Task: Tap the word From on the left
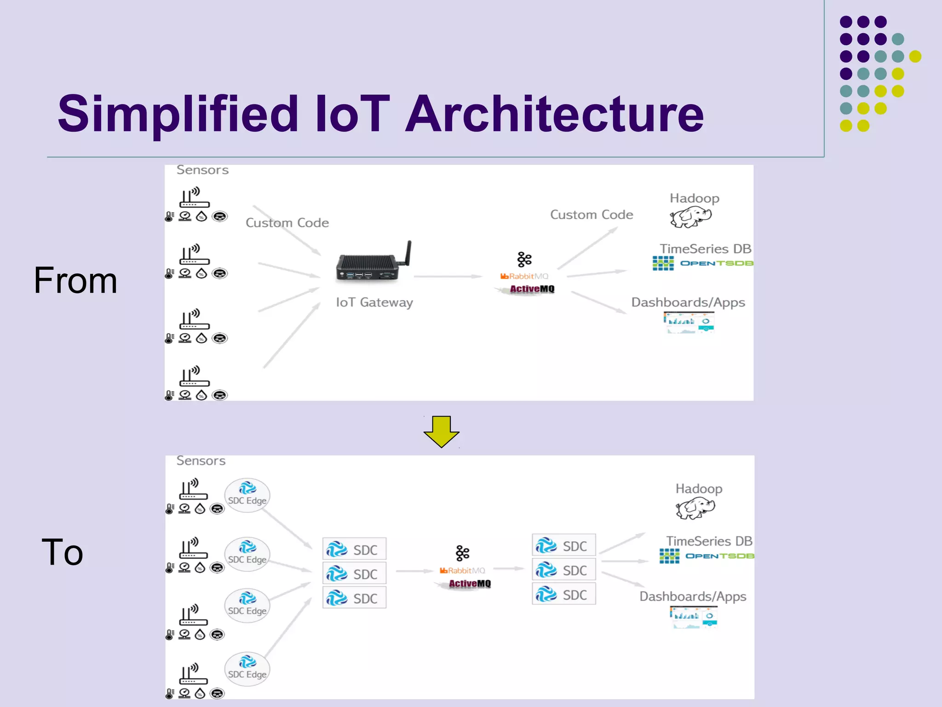[75, 280]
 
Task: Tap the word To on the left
[63, 552]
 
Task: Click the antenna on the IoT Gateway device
[408, 253]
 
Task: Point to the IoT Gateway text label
[374, 302]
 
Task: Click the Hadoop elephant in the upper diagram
[691, 216]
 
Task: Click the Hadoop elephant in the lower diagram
[695, 508]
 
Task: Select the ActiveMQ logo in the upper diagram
[531, 289]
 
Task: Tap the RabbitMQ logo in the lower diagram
[462, 571]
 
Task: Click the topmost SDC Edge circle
[247, 495]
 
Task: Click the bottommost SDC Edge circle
[247, 669]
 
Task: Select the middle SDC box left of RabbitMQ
[354, 574]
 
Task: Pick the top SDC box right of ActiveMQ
[563, 546]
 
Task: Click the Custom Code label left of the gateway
[287, 223]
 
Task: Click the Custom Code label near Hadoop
[592, 215]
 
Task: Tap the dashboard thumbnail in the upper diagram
[689, 322]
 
